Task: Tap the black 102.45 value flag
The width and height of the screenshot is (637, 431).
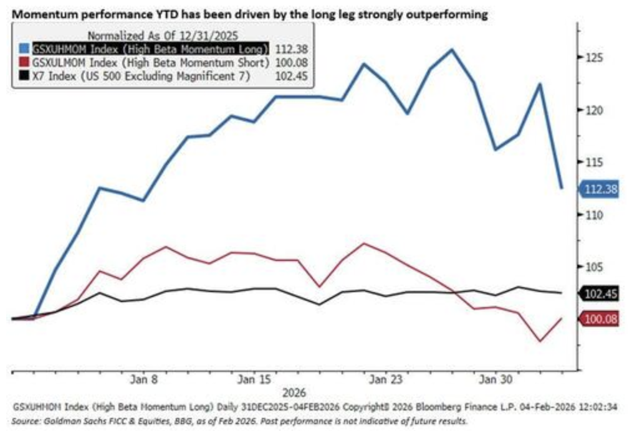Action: pos(599,293)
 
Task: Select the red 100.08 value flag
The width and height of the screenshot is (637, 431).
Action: pos(599,319)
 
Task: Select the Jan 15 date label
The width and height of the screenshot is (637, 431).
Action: pos(255,379)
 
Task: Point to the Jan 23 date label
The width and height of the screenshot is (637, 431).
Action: pos(386,379)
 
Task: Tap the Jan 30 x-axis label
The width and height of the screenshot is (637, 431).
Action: pos(496,379)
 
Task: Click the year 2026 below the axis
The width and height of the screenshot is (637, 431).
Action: pos(294,394)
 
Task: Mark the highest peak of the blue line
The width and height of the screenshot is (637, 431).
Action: pos(452,49)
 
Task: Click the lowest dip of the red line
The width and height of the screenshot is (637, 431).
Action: pos(540,341)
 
